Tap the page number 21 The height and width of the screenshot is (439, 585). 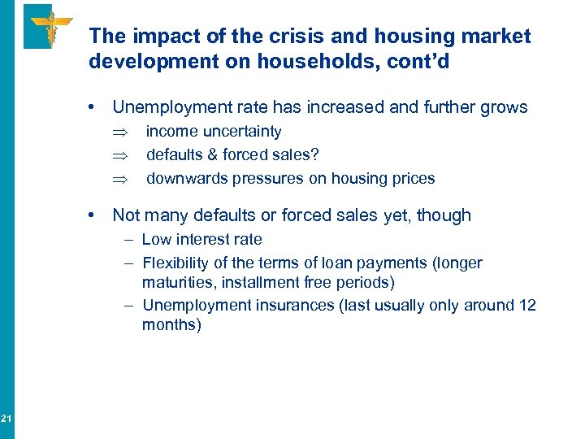click(x=6, y=419)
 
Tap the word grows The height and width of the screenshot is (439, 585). click(x=503, y=107)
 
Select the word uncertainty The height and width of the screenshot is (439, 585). click(x=244, y=132)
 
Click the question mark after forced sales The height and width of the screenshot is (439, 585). click(x=315, y=155)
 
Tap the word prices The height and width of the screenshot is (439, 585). click(x=414, y=179)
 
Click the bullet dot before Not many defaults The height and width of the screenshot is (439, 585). click(x=96, y=215)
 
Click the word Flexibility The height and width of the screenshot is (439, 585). click(x=174, y=263)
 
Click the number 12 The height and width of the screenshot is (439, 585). click(x=526, y=306)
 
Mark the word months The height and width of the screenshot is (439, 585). click(x=170, y=325)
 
